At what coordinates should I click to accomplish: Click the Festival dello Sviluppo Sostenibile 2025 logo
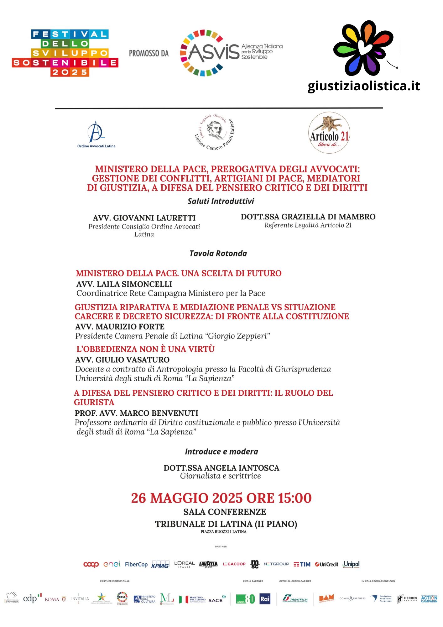coord(65,53)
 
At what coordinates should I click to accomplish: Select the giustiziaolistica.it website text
coord(363,86)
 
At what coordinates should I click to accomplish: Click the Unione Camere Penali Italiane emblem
coord(215,132)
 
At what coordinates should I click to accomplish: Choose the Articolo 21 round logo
coord(329,133)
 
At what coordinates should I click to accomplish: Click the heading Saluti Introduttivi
coord(221,201)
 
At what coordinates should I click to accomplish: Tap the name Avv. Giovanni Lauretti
coord(144,218)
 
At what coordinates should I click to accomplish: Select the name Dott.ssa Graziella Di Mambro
coord(308,217)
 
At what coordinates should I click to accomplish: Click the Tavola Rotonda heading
coord(218,253)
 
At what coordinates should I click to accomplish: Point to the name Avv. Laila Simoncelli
coord(124,284)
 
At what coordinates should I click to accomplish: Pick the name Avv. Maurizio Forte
coord(120,327)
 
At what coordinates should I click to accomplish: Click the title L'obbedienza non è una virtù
coord(145,349)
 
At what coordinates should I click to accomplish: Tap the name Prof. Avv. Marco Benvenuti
coord(136,413)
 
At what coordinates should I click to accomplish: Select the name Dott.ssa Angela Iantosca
coord(221,468)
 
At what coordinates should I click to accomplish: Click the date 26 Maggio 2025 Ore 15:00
coord(221,498)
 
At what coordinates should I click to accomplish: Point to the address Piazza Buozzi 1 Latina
coord(223,532)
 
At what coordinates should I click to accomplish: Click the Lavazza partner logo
coord(208,564)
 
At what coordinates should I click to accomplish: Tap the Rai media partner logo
coord(265,599)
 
